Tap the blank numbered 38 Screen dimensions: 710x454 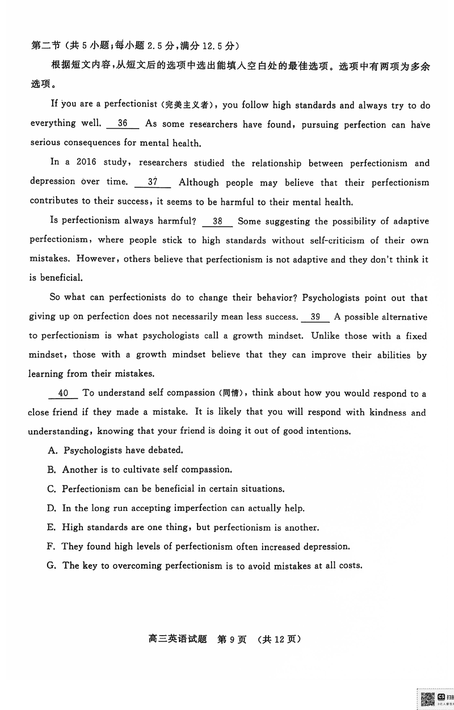point(217,221)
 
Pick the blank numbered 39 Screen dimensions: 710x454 point(316,317)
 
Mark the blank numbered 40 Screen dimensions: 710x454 point(63,393)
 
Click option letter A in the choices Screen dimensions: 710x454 point(53,451)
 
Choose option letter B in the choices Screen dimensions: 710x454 point(53,470)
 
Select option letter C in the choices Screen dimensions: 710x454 point(53,489)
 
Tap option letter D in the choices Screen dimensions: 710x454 point(53,508)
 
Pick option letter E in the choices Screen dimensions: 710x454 point(53,527)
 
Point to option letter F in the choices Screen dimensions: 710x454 point(53,547)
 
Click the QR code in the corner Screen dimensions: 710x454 point(427,699)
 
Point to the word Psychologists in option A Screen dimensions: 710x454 point(91,451)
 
